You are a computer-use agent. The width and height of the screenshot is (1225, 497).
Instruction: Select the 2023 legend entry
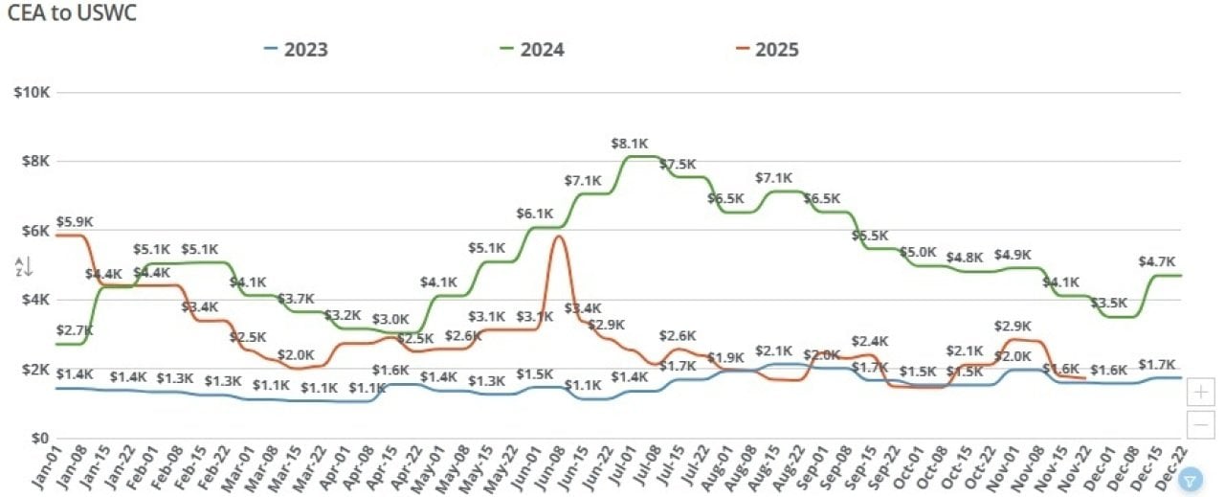point(305,50)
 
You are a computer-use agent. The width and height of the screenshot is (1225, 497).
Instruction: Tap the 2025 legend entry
point(776,50)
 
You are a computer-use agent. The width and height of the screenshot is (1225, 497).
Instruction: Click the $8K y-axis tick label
point(36,161)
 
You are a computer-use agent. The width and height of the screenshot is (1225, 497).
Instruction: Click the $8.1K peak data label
point(631,144)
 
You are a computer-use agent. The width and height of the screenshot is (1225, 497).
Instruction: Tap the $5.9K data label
point(75,222)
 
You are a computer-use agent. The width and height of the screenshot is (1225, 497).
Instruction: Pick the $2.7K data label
point(75,330)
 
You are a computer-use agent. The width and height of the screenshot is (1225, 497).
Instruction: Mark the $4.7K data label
point(1157,261)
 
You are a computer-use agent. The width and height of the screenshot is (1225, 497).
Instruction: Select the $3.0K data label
point(390,319)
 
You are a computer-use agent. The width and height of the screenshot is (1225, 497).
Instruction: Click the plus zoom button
point(1200,392)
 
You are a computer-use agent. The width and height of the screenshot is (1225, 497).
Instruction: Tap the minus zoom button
point(1200,423)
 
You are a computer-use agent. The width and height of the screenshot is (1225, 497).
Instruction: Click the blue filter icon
point(1191,480)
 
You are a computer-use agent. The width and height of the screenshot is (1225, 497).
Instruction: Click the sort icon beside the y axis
point(24,267)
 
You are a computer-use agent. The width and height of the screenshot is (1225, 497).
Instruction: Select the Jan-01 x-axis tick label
point(45,469)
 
